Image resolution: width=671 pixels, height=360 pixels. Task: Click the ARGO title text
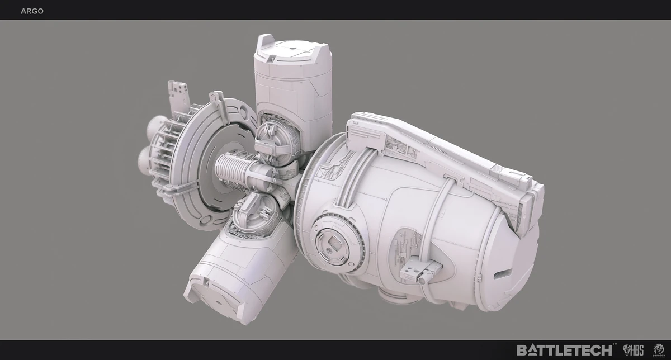pos(32,11)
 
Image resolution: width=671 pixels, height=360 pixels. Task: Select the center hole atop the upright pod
pos(291,49)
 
